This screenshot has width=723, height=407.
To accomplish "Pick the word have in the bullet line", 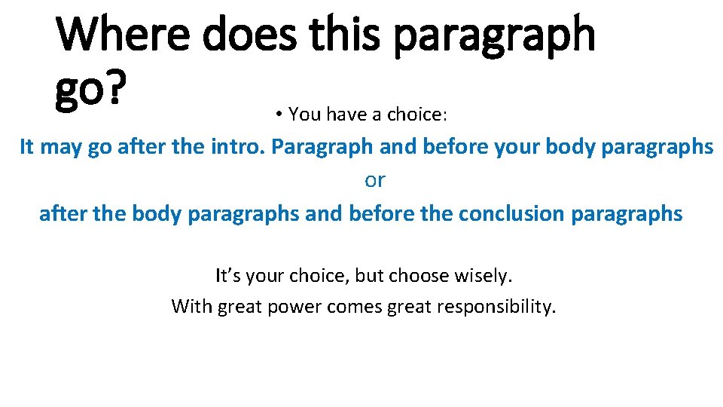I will click(344, 115).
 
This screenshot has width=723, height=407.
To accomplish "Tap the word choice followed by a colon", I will click(416, 115).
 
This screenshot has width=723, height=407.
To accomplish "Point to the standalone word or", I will click(374, 180).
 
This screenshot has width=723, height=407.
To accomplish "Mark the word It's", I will click(230, 276).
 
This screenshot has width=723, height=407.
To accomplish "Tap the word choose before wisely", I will click(420, 276).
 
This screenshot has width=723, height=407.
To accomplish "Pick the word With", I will click(192, 307).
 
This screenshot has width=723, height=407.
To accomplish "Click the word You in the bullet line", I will click(305, 115).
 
